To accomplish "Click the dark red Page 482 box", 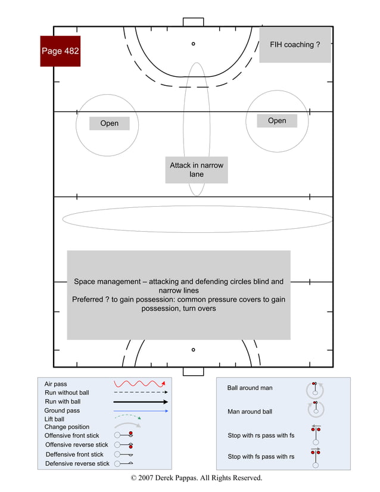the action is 60,51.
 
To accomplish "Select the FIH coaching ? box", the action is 295,45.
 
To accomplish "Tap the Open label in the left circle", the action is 110,123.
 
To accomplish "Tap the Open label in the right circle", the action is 277,121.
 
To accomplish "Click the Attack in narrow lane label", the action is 197,170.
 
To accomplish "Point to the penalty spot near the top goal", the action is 193,43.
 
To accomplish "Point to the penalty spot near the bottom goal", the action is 193,350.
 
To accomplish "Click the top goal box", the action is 193,22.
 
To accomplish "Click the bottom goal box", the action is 193,371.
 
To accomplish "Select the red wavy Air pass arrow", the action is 139,384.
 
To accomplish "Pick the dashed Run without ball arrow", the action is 141,393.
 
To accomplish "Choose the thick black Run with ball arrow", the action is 141,402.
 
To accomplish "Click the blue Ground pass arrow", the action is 141,411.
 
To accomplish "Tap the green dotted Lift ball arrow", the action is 127,418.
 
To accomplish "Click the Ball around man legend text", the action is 250,388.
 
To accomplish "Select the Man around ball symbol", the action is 315,409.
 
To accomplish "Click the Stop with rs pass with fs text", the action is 261,435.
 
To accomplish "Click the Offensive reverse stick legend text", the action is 77,445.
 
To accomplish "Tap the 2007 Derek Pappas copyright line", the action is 196,478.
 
